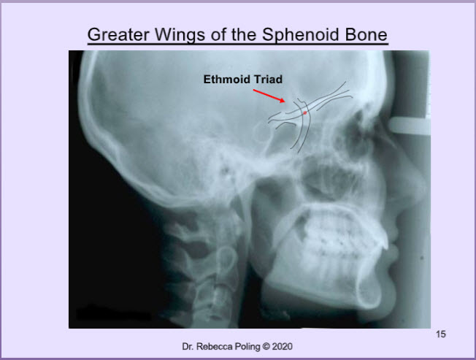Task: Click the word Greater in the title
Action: tap(118, 34)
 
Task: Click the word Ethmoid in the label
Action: tap(227, 79)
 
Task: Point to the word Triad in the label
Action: tap(268, 79)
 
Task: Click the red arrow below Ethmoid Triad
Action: tap(269, 96)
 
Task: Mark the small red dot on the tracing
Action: tap(305, 113)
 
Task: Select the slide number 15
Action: tap(440, 334)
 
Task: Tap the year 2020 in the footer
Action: tap(282, 346)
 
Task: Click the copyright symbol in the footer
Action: tap(266, 346)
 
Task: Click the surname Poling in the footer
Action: tap(247, 347)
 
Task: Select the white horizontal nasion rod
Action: tap(410, 126)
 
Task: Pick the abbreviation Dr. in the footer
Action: tap(188, 346)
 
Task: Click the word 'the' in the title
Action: tap(244, 34)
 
